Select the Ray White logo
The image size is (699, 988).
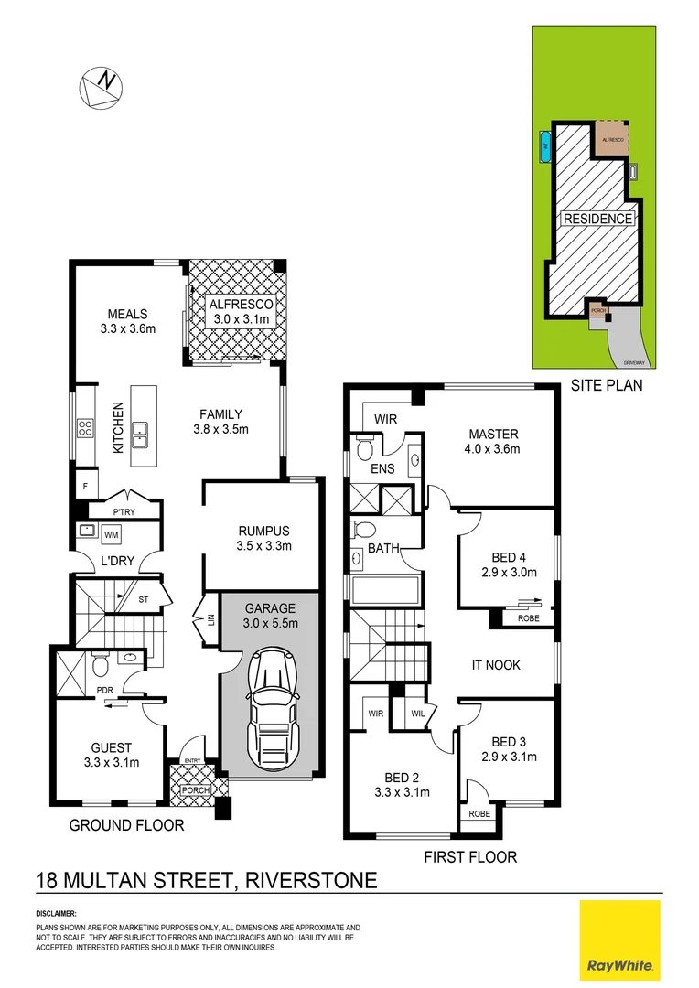coord(619,939)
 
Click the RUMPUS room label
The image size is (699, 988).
coord(263,530)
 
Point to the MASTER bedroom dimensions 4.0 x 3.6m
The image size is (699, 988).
coord(494,449)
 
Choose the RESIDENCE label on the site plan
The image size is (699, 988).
coord(597,219)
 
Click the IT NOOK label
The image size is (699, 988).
coord(496,665)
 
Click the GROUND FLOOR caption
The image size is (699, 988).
coord(127,825)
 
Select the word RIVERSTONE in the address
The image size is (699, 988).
coord(306,881)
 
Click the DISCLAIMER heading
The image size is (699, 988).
coord(57,914)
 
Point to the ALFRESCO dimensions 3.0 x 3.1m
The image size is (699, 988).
coord(237,319)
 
